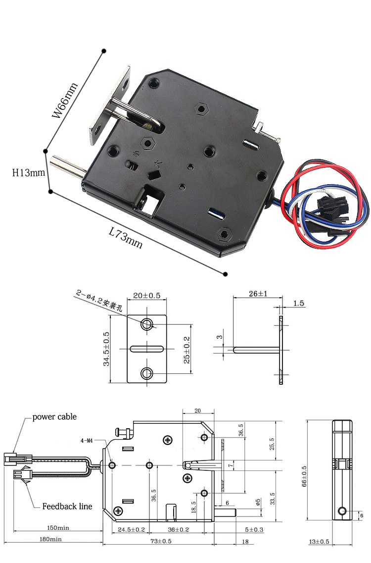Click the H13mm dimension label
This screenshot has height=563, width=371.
tap(29, 173)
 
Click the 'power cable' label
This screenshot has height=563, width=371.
tap(54, 417)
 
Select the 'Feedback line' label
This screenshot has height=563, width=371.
tap(67, 506)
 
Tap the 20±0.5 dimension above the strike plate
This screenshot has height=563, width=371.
tap(147, 296)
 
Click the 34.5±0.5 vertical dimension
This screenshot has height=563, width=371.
tap(106, 349)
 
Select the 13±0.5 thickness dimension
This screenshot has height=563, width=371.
tap(320, 541)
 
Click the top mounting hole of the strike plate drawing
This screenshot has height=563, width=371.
tap(147, 324)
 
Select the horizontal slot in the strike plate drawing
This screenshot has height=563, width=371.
tap(147, 349)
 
